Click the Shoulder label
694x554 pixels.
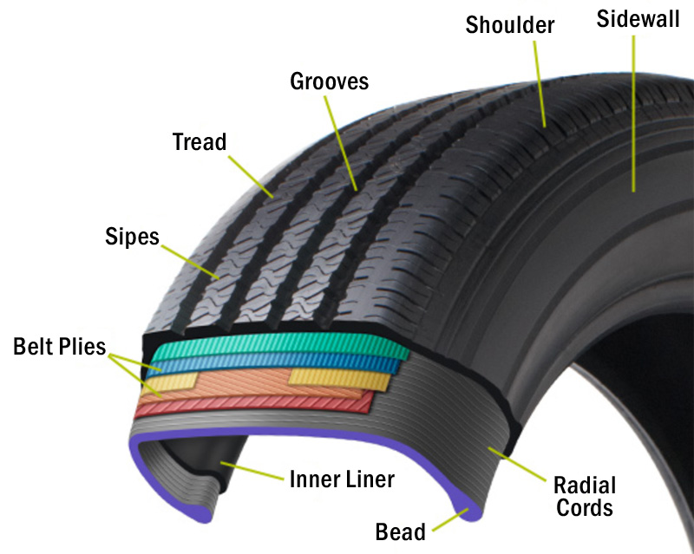pyautogui.click(x=509, y=25)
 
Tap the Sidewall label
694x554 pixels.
pyautogui.click(x=638, y=19)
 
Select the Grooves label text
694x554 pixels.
pyautogui.click(x=329, y=81)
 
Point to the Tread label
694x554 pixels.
pyautogui.click(x=199, y=141)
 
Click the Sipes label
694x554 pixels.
pyautogui.click(x=132, y=236)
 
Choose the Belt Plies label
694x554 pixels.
pyautogui.click(x=59, y=349)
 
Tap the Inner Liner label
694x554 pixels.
pyautogui.click(x=341, y=479)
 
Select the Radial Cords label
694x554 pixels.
pyautogui.click(x=584, y=496)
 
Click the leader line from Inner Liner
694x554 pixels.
pyautogui.click(x=252, y=471)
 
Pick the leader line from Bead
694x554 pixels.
pyautogui.click(x=450, y=520)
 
